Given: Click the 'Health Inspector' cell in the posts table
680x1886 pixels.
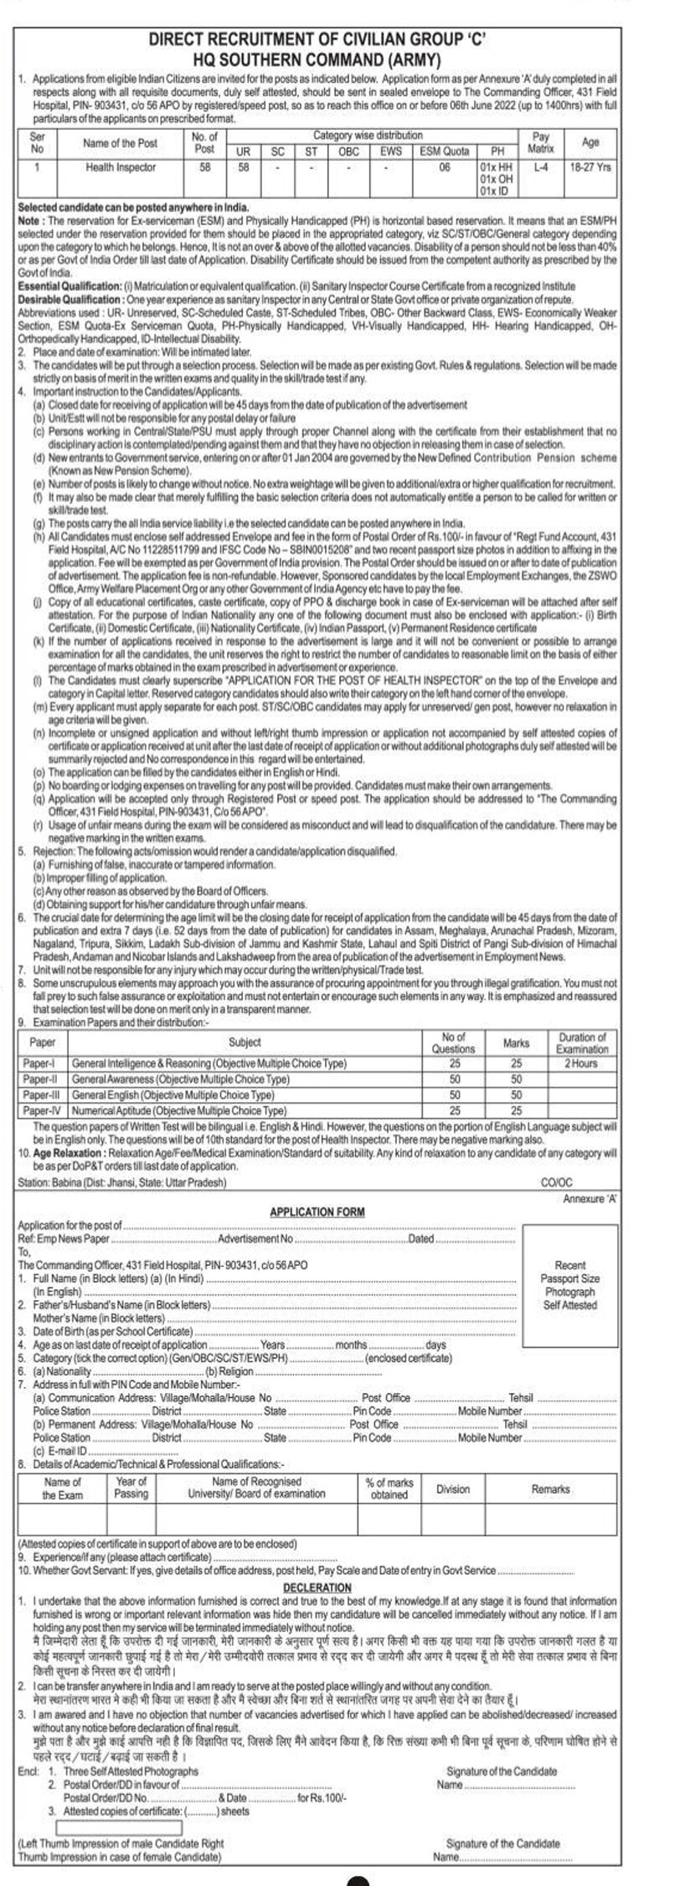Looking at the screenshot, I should click(120, 167).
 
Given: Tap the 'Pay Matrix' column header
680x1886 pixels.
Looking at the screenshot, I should click(540, 142).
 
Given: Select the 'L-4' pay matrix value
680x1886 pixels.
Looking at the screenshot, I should click(540, 167).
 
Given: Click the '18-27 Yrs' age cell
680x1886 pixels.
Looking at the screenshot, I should click(590, 167).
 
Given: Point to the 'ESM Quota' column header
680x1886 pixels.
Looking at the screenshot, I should click(444, 151).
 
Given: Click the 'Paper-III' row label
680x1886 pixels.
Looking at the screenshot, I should click(42, 1094).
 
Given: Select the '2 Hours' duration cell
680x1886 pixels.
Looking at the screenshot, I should click(580, 1063).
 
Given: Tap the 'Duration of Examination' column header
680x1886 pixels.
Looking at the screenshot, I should click(581, 1043).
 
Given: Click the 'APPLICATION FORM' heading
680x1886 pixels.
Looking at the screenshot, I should click(317, 1212).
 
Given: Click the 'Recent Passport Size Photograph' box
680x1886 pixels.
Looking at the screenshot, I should click(569, 1285).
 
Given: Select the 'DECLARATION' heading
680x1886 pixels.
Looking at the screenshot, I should click(317, 1587).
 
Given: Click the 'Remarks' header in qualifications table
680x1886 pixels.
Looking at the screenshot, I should click(550, 1489).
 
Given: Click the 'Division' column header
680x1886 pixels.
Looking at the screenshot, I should click(452, 1489).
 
